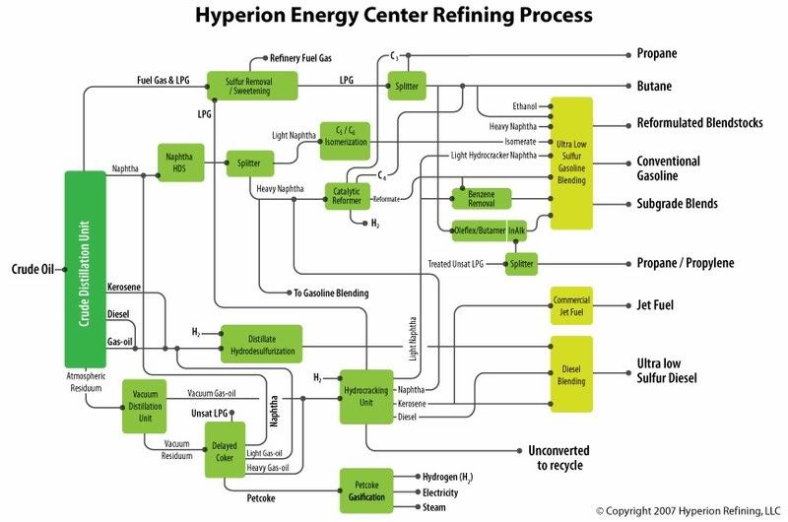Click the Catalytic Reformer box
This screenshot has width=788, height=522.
[347, 196]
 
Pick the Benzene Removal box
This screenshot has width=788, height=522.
[481, 198]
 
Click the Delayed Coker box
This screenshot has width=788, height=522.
[224, 450]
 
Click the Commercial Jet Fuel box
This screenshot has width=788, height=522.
[570, 306]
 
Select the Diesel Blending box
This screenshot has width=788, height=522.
[570, 375]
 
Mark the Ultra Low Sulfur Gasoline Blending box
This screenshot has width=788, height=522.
[570, 163]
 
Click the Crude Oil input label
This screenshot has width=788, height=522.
[32, 268]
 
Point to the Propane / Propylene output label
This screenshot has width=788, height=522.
[685, 263]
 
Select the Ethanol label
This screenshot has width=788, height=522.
[525, 106]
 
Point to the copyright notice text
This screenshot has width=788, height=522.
[688, 510]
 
